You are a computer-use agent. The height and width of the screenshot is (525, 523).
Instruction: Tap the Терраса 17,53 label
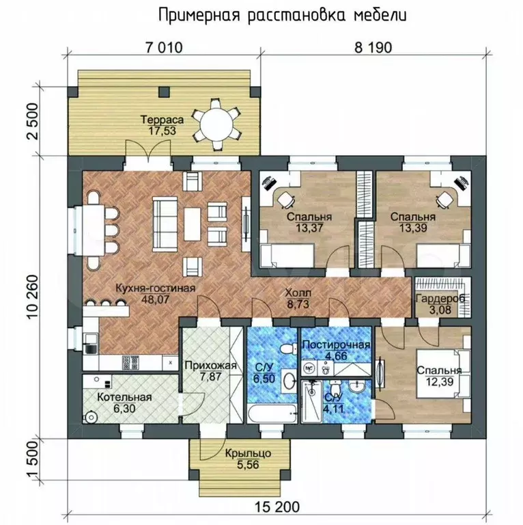click(x=162, y=124)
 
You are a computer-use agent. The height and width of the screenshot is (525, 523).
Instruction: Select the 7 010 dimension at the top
click(x=164, y=48)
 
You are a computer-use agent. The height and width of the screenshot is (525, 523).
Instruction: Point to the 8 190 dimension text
click(x=373, y=48)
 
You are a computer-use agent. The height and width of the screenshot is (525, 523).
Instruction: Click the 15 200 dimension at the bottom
click(x=277, y=507)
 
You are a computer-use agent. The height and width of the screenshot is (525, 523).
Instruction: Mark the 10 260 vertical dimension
click(x=33, y=297)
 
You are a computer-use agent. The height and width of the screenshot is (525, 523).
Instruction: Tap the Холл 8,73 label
click(x=298, y=298)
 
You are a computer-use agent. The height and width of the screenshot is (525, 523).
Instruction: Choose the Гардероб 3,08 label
click(x=440, y=304)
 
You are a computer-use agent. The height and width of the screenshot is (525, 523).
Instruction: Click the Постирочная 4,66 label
click(x=337, y=350)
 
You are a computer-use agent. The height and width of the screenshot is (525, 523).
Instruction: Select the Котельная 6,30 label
click(x=124, y=403)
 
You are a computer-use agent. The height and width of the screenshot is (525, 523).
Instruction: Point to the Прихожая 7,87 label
click(x=211, y=371)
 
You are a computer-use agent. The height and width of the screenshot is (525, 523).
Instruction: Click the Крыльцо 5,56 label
click(x=248, y=459)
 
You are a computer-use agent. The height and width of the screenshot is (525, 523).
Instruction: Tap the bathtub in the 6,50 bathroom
click(x=272, y=413)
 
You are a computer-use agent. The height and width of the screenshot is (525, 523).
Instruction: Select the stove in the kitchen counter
click(x=131, y=362)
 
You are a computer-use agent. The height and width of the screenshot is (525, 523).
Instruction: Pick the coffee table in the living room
click(x=192, y=224)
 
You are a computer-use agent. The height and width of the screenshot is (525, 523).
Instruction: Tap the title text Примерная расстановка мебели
click(x=283, y=16)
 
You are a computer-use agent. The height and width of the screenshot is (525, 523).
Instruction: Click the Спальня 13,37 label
click(x=309, y=223)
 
